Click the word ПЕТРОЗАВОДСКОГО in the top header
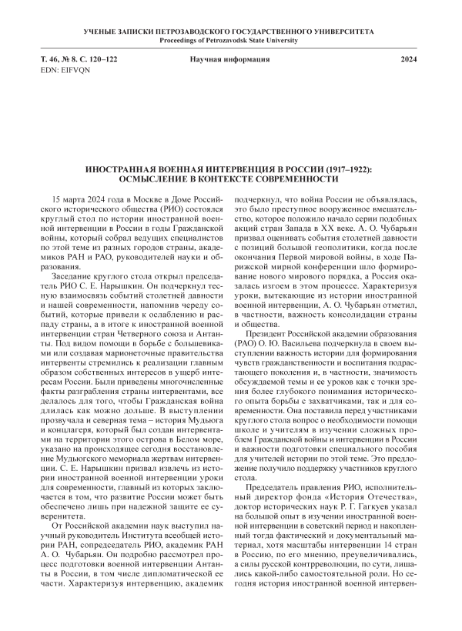194,32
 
